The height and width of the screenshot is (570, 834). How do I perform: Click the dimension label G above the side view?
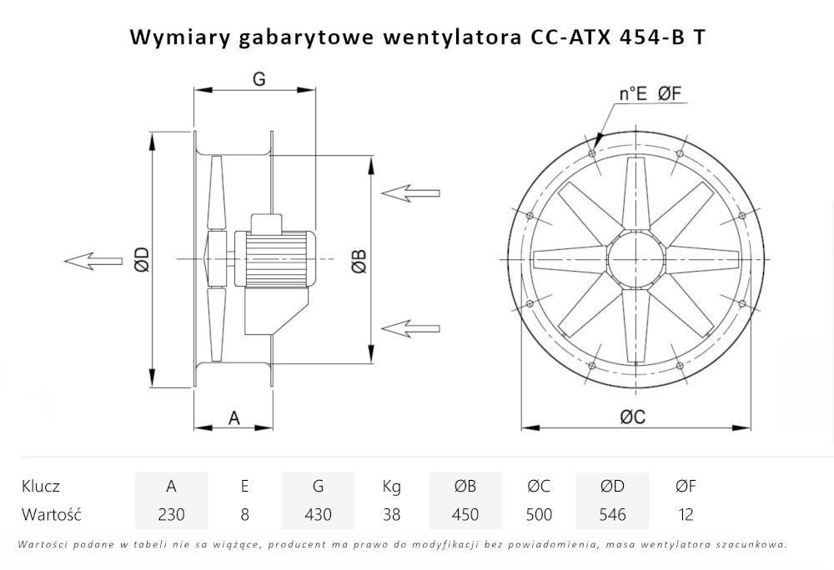[259, 79]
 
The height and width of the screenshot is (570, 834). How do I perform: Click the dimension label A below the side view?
[234, 418]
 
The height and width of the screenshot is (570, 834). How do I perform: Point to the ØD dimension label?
[142, 261]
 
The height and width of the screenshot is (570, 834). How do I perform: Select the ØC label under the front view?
[632, 418]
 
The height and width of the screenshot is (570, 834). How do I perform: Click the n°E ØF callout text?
[651, 94]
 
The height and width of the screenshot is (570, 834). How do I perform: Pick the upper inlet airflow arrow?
[409, 192]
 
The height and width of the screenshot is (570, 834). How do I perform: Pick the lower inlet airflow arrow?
[409, 326]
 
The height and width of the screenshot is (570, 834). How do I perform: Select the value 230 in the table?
[171, 514]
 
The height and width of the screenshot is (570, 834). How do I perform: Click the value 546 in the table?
[612, 514]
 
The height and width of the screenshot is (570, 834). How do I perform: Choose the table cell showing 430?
[318, 514]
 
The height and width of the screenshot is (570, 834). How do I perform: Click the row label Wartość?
[51, 514]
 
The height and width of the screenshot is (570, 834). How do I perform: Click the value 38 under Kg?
[391, 514]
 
